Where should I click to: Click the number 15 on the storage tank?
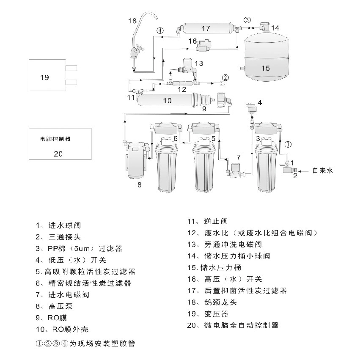pyautogui.click(x=265, y=68)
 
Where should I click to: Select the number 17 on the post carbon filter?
pyautogui.click(x=206, y=28)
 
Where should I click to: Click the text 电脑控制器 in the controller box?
pyautogui.click(x=55, y=138)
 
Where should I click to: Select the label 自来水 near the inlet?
pyautogui.click(x=323, y=170)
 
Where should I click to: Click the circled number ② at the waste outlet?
pyautogui.click(x=225, y=77)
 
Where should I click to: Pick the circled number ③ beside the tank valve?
pyautogui.click(x=247, y=19)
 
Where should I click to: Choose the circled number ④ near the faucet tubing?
pyautogui.click(x=160, y=30)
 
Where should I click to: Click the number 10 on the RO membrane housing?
pyautogui.click(x=167, y=100)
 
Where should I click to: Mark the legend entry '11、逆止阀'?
pyautogui.click(x=208, y=221)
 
